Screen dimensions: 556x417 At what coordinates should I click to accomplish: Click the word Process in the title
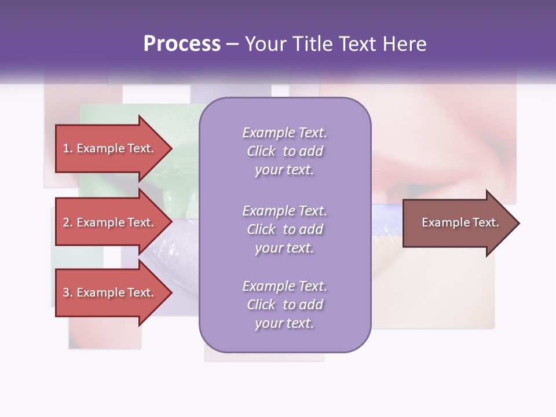[x=182, y=44]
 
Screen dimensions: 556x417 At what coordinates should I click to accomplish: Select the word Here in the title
[x=404, y=44]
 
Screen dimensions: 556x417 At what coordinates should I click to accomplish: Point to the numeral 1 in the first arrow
[x=66, y=148]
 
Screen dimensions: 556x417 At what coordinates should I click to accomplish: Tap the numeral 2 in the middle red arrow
[x=67, y=222]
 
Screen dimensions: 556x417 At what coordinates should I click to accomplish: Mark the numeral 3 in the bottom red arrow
[x=67, y=292]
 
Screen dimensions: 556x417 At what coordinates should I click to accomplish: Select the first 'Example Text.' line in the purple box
[x=284, y=133]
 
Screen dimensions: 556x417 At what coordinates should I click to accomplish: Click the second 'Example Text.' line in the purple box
[x=284, y=211]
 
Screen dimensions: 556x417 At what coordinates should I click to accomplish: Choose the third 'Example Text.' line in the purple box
[x=284, y=286]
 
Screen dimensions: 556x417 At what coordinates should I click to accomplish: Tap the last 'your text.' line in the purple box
[x=284, y=324]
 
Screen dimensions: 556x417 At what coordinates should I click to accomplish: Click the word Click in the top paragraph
[x=261, y=152]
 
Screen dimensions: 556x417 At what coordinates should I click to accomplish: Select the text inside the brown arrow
[x=460, y=222]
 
